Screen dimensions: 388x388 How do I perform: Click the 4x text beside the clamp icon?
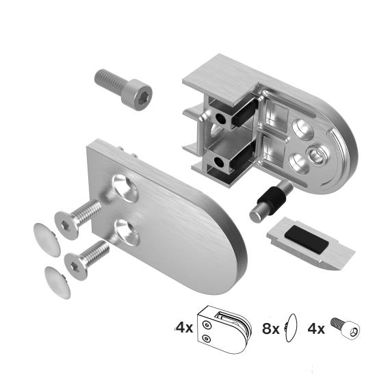(184, 327)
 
